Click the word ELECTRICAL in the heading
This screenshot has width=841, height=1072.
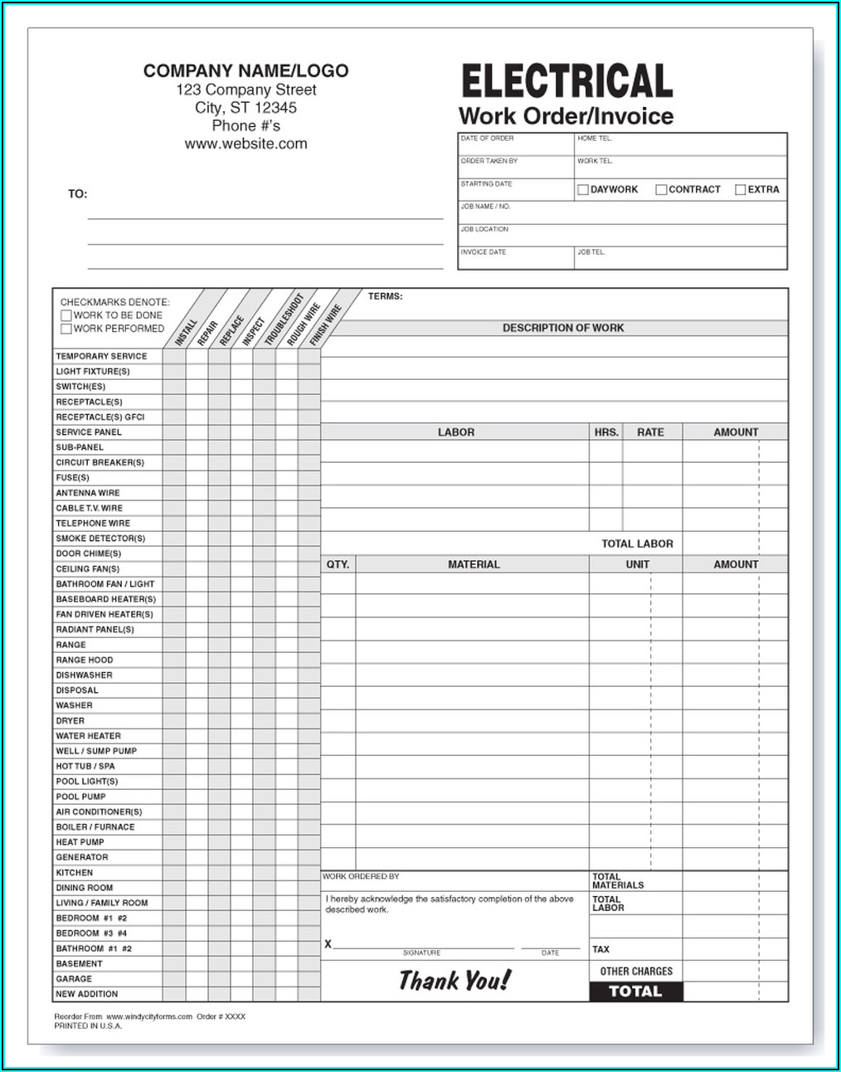566,82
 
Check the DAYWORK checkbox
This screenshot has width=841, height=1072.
583,190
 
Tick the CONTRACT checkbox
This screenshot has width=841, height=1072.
661,190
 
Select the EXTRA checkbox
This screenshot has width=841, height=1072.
741,190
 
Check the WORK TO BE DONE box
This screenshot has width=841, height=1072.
66,316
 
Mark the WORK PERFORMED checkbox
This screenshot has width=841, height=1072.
66,329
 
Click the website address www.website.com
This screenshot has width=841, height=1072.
245,144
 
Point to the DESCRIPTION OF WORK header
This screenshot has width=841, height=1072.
562,328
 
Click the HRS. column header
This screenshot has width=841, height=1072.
606,432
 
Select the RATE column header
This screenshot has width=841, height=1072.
650,432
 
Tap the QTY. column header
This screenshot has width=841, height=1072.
338,564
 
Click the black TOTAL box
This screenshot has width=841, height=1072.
635,992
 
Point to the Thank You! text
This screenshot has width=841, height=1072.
455,981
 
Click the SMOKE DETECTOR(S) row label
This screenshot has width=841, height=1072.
100,538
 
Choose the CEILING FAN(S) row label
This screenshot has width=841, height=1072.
88,569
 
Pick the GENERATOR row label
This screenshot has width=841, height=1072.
82,857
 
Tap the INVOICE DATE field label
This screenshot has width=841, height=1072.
484,252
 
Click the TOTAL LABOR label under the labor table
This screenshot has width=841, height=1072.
637,543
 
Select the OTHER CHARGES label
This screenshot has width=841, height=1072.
636,971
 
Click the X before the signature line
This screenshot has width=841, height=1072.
328,944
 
